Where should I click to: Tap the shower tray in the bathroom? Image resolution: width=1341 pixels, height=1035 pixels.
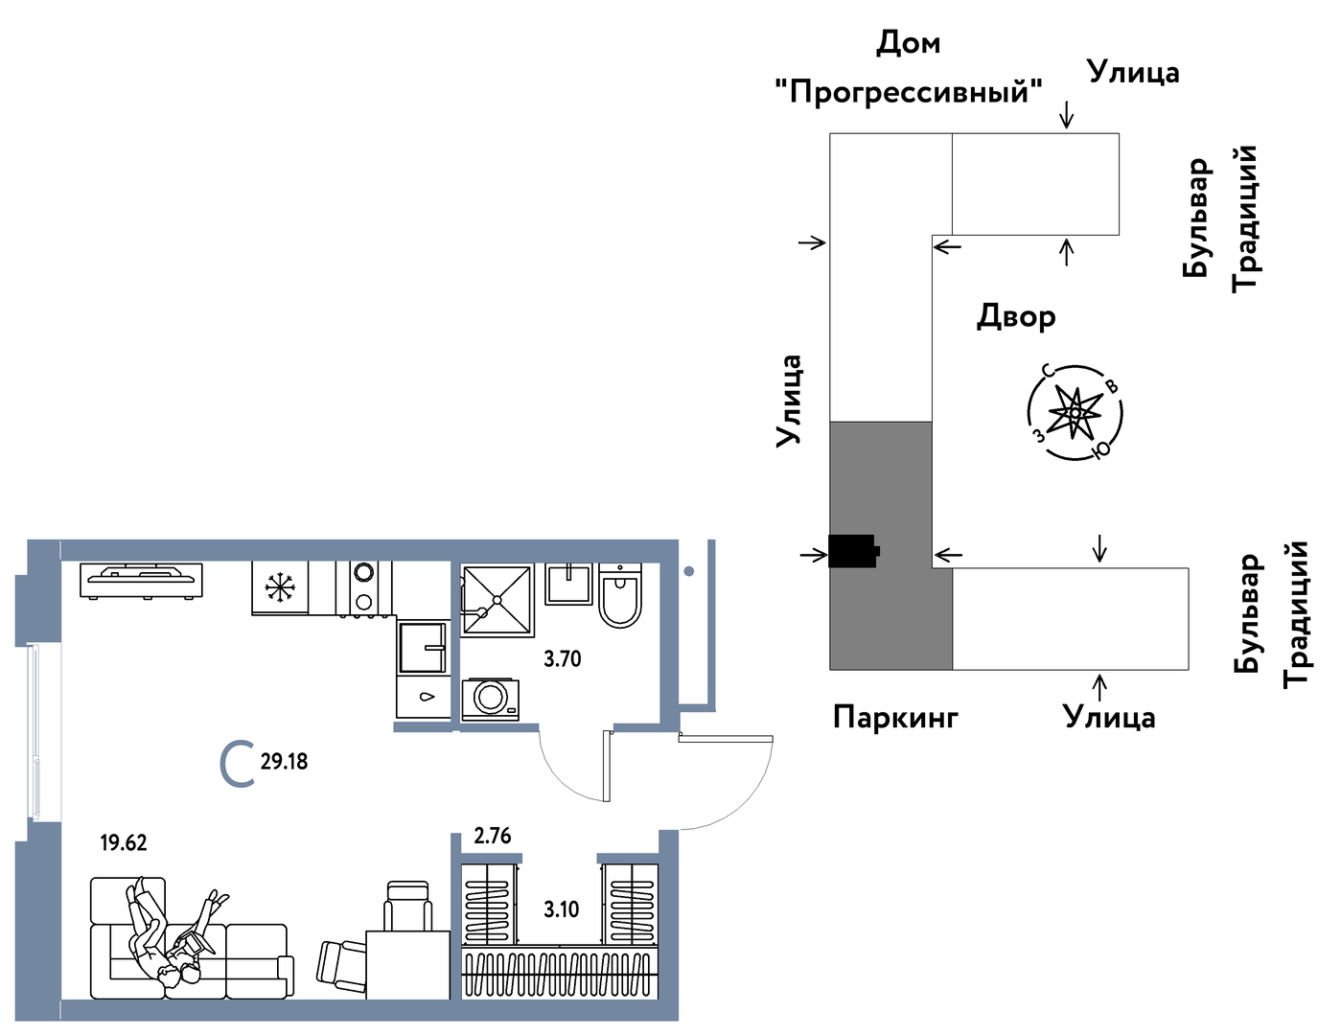[497, 600]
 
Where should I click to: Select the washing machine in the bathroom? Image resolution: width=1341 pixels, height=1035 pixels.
[491, 698]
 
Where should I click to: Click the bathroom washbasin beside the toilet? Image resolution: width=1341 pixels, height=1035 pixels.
[569, 583]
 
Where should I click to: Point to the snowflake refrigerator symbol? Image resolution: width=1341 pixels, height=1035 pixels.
[280, 586]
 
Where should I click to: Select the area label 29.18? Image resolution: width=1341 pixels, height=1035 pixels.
[284, 762]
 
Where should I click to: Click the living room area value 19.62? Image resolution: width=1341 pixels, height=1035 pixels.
[124, 842]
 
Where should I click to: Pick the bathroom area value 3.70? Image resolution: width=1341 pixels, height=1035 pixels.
[562, 658]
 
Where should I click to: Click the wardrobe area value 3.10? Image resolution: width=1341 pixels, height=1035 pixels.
[561, 908]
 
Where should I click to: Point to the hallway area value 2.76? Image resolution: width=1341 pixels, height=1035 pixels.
[493, 836]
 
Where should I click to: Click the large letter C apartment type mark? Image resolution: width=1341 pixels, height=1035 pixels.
[237, 764]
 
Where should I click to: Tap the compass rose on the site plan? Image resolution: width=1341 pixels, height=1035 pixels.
[1075, 412]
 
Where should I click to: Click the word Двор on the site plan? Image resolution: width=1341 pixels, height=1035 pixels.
[1016, 316]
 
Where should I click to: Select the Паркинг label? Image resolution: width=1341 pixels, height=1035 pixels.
[895, 716]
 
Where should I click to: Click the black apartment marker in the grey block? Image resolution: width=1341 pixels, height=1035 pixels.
[853, 551]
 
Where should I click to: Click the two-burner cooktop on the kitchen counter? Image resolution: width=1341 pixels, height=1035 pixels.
[363, 586]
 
